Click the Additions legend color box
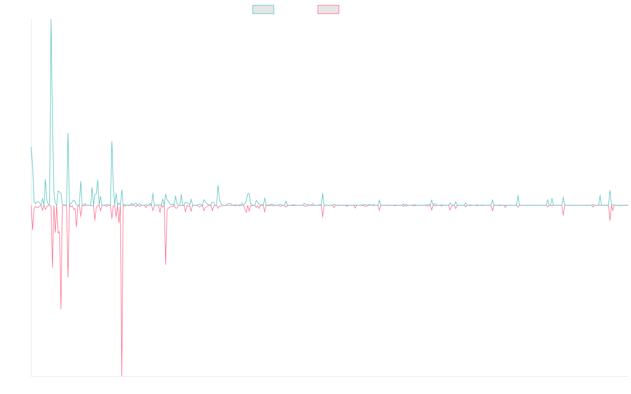point(263,9)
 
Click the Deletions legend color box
point(328,9)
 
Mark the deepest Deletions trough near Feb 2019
point(122,375)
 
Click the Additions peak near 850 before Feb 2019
point(112,141)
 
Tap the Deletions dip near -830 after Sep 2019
point(166,264)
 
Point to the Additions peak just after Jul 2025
point(610,191)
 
